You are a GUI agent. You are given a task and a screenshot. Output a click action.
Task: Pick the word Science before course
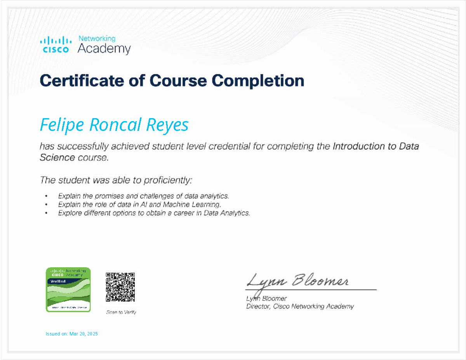[57, 158]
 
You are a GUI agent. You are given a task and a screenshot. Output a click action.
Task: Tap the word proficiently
[168, 180]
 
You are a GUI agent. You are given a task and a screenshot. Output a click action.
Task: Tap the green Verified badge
[68, 289]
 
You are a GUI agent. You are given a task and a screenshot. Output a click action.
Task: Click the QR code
[120, 287]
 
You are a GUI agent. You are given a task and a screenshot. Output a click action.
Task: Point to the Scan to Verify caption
[122, 312]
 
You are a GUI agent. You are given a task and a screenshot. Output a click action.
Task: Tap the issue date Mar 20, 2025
[83, 334]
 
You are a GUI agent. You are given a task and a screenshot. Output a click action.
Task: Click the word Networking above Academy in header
[97, 38]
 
